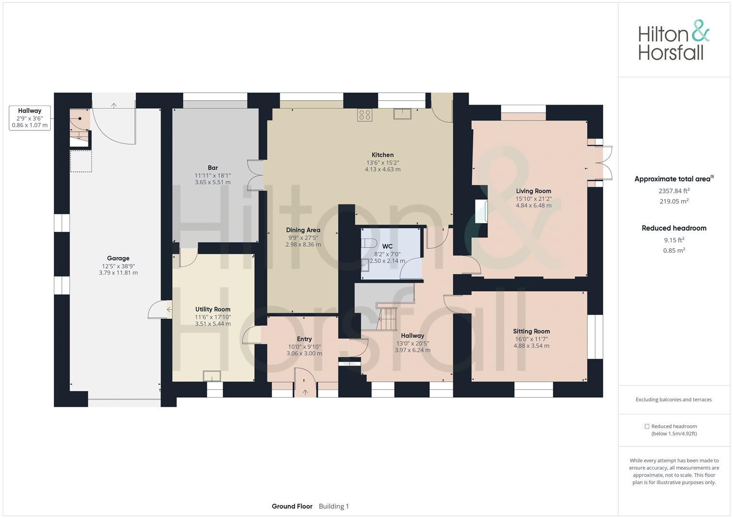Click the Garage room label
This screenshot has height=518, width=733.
tap(118, 259)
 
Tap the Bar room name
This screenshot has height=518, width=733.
tap(213, 168)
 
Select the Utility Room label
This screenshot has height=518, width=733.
tap(213, 309)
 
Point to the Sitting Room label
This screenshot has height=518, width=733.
tap(531, 331)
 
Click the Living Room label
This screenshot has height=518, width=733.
tap(533, 191)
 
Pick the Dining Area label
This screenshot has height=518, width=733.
tap(303, 230)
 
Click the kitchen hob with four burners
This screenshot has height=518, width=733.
tap(364, 115)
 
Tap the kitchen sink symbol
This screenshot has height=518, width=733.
tap(402, 114)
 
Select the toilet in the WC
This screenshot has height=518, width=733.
tap(369, 243)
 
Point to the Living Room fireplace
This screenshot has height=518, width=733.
tap(481, 211)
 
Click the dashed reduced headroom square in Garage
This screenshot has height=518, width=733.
tap(81, 161)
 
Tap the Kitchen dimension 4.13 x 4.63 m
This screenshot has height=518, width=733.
tap(383, 169)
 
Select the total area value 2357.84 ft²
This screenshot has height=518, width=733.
tap(674, 191)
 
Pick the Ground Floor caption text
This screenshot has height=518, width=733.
tap(292, 506)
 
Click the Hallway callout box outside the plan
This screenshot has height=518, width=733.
tap(30, 118)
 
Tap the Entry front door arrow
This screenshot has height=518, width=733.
tap(305, 392)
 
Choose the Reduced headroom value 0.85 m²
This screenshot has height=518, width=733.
tap(674, 250)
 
